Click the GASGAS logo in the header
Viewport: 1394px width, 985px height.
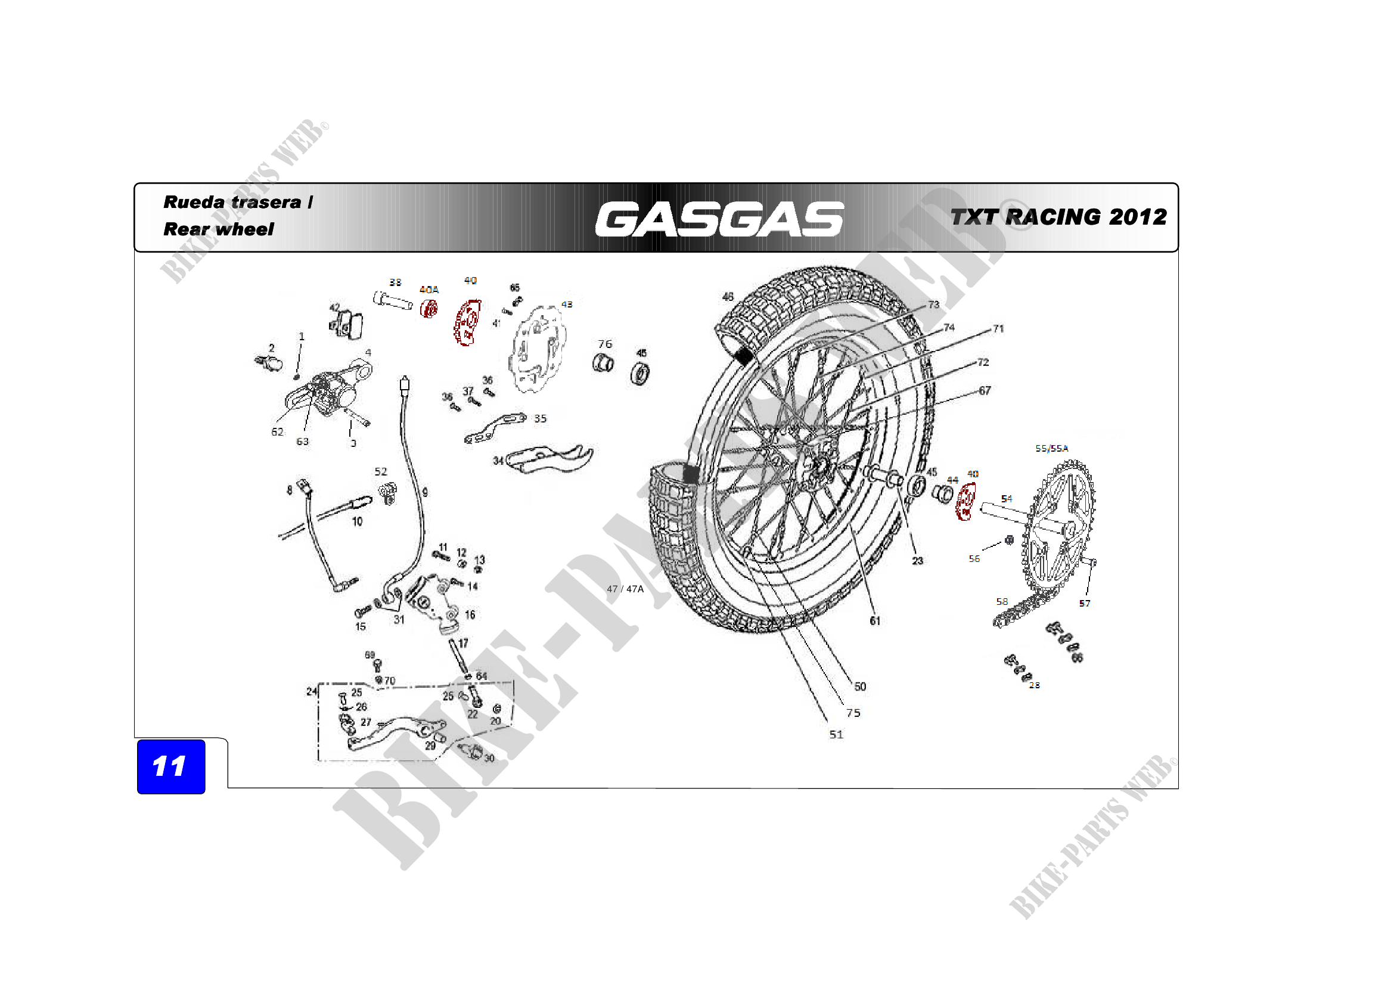point(719,219)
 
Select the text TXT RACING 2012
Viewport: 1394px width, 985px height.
point(1058,217)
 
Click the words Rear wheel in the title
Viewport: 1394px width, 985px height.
point(219,229)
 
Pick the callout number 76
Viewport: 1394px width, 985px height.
point(605,344)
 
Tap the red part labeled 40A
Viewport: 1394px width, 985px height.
point(429,309)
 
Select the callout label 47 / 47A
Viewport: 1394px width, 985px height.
point(625,589)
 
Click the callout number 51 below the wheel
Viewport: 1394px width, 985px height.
point(836,734)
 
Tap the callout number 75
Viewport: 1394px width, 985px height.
point(853,713)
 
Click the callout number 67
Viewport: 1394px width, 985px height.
point(984,390)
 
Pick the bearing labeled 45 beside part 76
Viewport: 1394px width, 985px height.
point(640,372)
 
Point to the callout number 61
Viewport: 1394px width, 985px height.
point(875,620)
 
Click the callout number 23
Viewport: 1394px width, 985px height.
point(917,561)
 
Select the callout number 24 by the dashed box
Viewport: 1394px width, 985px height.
point(312,691)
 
